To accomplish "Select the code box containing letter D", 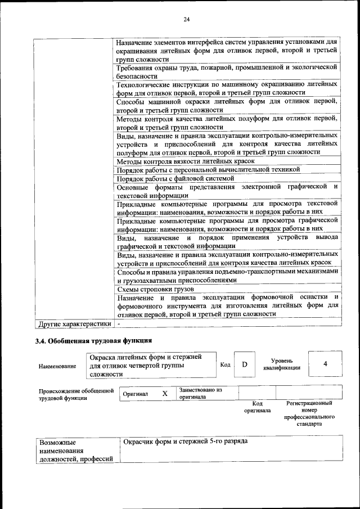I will tap(245, 364).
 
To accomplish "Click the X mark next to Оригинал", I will tap(165, 394).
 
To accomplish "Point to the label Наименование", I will tap(58, 366).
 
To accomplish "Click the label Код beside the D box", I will tap(225, 364).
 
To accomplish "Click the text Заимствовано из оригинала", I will tap(201, 393).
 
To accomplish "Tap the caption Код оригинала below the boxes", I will tap(257, 407).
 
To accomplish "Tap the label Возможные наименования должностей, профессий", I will tap(75, 451).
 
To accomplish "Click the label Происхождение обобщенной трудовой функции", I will tap(76, 394).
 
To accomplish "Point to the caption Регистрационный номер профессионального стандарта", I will tap(309, 413).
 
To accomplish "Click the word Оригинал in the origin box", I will tap(136, 394).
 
